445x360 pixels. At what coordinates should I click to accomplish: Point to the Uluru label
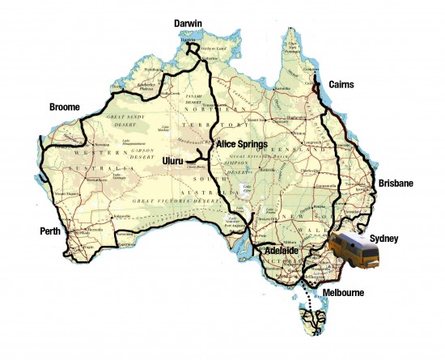tap(174, 160)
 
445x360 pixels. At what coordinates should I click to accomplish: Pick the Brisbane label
tap(396, 184)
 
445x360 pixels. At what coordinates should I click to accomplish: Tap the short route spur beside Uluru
tap(194, 162)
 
